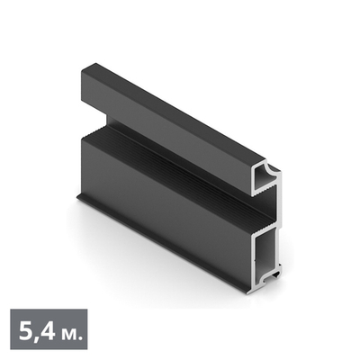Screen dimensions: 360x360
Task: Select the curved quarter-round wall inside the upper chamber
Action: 265,174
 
